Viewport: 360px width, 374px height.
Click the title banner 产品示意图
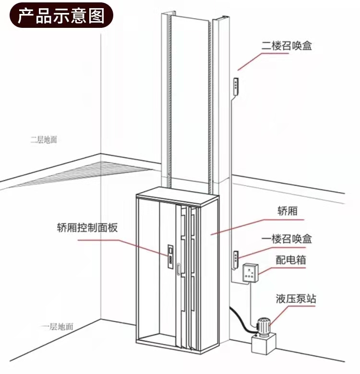click(61, 15)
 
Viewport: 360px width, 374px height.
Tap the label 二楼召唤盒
click(290, 46)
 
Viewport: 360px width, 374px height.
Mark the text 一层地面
click(56, 327)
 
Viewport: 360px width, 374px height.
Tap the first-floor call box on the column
click(235, 258)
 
